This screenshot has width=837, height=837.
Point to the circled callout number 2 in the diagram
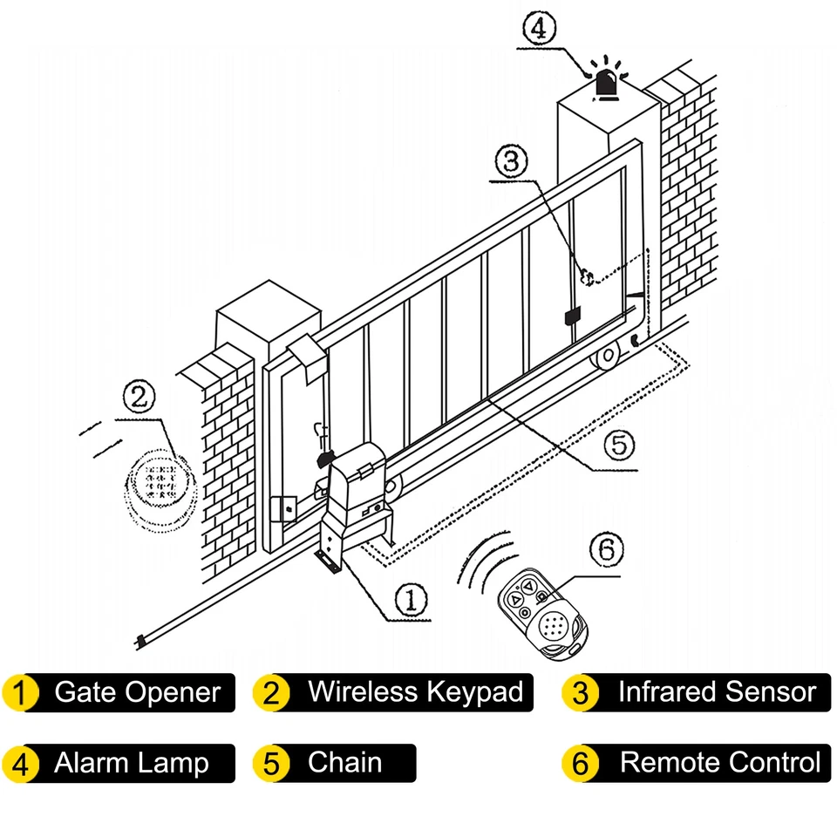139,398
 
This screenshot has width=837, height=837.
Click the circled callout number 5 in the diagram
617,445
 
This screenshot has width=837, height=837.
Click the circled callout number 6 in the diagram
607,550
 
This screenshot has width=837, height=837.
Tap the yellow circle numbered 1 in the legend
21,694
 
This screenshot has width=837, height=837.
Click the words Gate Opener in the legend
137,693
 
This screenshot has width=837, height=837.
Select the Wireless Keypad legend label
415,693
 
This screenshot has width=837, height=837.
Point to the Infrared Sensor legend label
717,693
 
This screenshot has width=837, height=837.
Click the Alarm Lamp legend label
132,764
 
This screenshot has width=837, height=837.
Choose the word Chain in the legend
344,763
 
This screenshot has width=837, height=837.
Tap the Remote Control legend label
719,764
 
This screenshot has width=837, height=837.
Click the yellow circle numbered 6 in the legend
582,764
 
